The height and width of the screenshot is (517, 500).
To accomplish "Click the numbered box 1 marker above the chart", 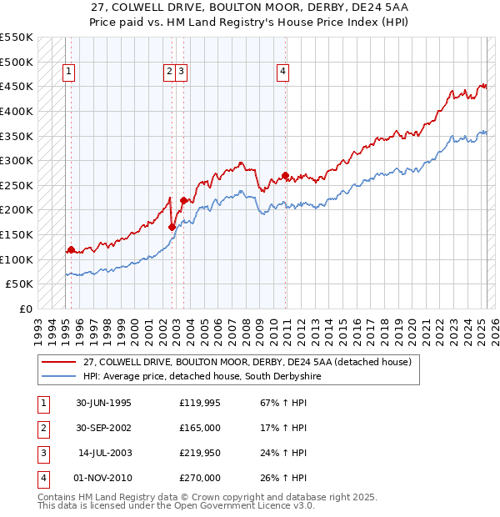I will pos(67,73).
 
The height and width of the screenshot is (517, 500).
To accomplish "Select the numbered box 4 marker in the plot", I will pos(283,73).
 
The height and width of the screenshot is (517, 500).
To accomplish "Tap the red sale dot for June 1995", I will pos(71,248).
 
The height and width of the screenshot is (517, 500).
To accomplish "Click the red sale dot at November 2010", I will pos(285,175).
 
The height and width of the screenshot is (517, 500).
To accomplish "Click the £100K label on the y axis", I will pos(17,259).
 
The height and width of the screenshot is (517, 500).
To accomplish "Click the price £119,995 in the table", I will pos(201,403).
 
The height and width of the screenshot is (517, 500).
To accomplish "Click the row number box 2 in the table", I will pos(42,428).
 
